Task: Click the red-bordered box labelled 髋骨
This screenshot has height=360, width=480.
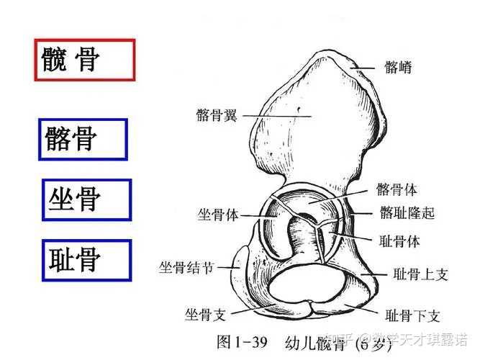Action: coord(85,60)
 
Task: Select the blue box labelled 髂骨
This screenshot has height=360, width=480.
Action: coord(83,139)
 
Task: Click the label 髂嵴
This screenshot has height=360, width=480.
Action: coord(397,70)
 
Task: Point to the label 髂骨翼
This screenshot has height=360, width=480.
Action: coord(216,115)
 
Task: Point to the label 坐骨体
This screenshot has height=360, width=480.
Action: coord(219,215)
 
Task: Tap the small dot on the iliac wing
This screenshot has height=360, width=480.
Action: coord(297,112)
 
